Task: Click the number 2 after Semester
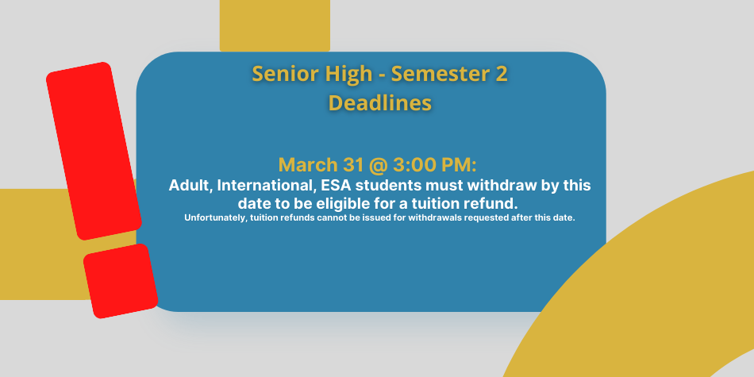pos(501,74)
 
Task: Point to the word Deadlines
pos(380,102)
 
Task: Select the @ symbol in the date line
pos(383,165)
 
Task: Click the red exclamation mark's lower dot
pos(121,281)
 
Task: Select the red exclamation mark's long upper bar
pos(94,151)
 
